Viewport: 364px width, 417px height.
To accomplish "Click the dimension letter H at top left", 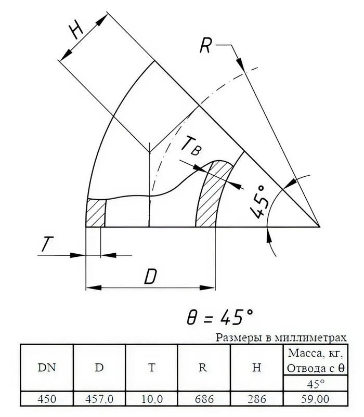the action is [x=76, y=30].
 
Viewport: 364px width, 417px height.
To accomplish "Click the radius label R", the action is [x=206, y=45].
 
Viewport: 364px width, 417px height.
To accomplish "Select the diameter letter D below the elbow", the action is [x=150, y=277].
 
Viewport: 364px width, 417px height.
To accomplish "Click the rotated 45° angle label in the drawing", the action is [x=258, y=202].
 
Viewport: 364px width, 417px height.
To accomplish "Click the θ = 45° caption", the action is [x=220, y=317].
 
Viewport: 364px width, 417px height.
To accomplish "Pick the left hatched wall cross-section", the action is [x=96, y=213].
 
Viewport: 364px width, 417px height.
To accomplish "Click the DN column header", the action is [x=46, y=368].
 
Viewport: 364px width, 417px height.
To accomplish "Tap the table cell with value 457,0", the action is [x=99, y=399].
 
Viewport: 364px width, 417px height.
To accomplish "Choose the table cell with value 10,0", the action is [x=152, y=399].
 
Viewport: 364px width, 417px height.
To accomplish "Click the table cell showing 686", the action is [x=204, y=399].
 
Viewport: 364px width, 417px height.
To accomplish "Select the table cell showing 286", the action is [x=257, y=399].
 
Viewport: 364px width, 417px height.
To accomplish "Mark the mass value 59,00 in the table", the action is [x=316, y=399].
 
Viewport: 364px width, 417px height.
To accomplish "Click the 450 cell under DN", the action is [x=47, y=399].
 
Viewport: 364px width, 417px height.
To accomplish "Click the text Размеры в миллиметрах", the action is [x=281, y=338].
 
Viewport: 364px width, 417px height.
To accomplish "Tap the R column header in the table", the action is [x=203, y=368].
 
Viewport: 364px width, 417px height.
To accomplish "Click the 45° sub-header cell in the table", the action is [x=316, y=383].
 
